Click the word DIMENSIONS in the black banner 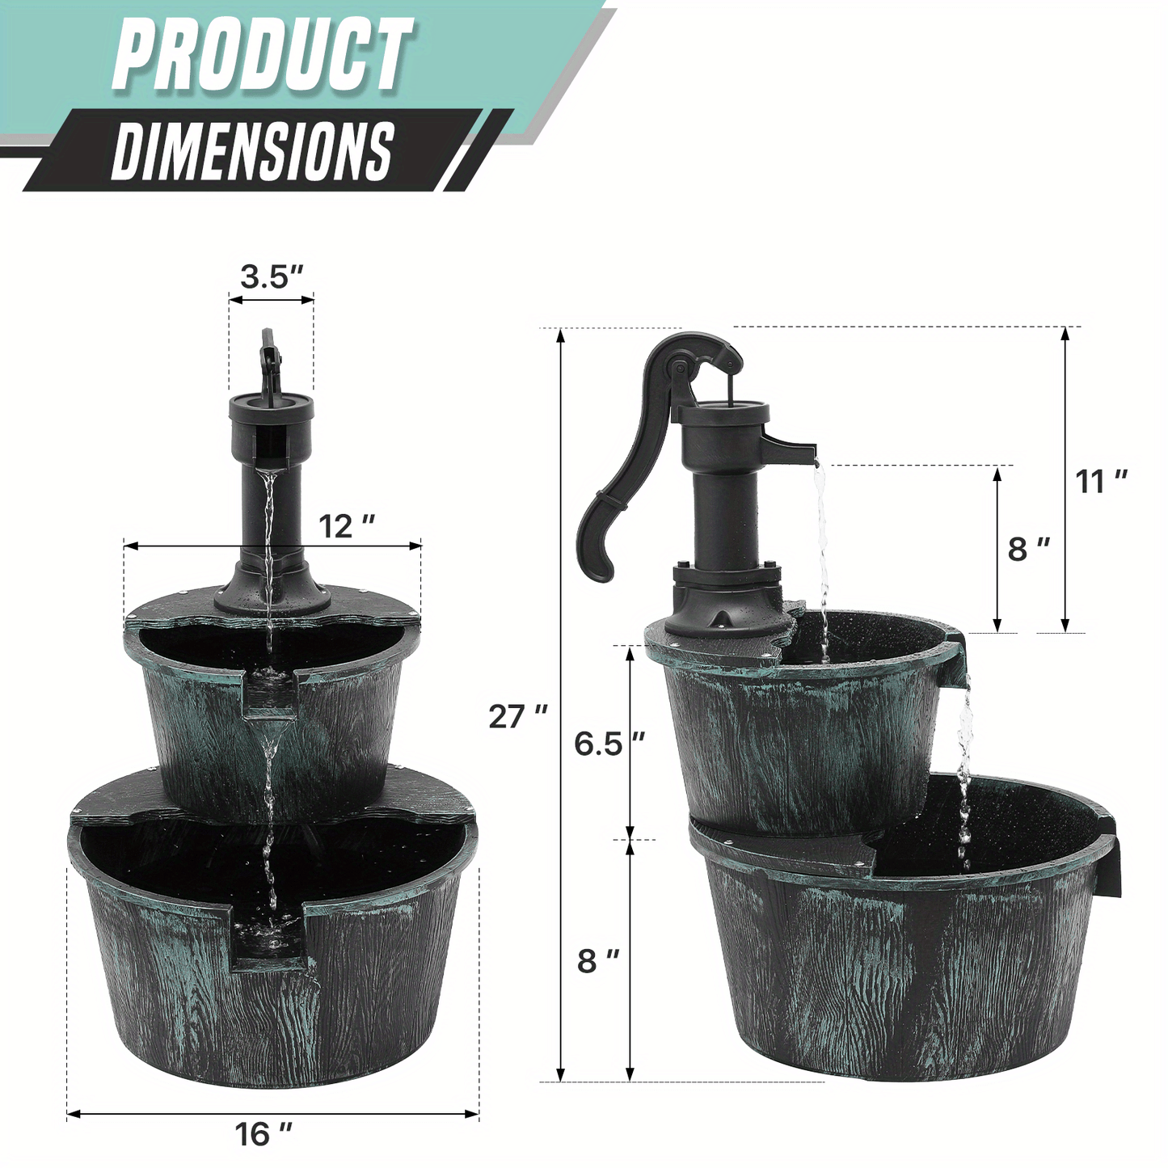click(x=252, y=151)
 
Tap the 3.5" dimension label click(x=272, y=276)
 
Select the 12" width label click(x=347, y=526)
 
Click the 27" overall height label click(x=517, y=716)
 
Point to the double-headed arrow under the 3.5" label click(x=272, y=300)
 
